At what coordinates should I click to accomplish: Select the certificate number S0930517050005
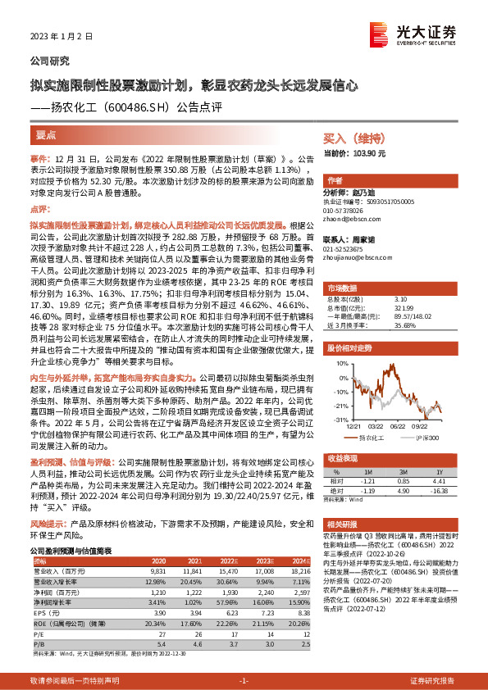370,201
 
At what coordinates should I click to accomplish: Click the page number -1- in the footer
243,659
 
